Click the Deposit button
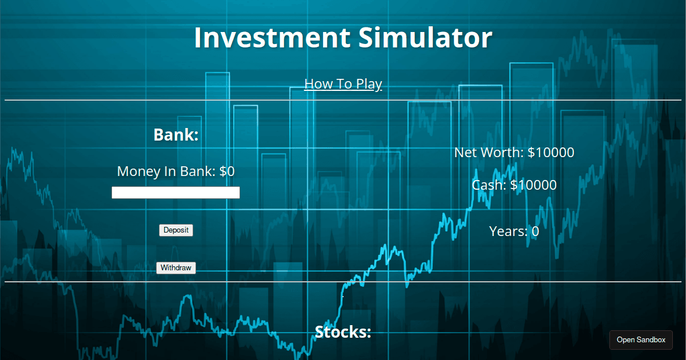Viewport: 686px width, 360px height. [176, 230]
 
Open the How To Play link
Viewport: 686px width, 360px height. [343, 84]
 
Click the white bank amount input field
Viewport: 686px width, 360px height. [176, 193]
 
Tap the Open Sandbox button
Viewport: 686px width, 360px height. [641, 340]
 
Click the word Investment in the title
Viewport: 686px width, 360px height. [271, 38]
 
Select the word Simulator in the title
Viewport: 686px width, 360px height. [425, 38]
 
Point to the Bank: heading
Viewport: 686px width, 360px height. [176, 135]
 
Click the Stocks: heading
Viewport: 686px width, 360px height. [343, 332]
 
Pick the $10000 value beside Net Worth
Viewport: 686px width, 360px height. [551, 153]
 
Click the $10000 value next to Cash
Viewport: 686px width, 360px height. [533, 185]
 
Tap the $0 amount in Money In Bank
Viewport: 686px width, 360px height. [227, 171]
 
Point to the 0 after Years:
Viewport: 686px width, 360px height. [535, 231]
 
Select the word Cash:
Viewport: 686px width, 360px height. [489, 185]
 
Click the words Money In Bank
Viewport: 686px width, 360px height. [166, 171]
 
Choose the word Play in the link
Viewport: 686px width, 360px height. [369, 84]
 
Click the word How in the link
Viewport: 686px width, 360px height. [318, 84]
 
